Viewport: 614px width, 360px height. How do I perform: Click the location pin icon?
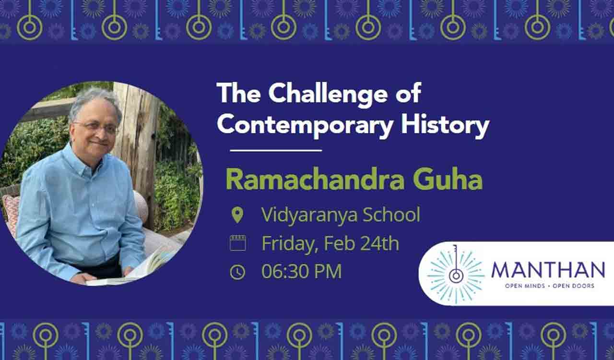[x=237, y=215]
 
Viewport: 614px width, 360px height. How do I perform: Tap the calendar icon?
[x=237, y=243]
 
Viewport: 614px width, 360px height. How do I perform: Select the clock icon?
[x=237, y=272]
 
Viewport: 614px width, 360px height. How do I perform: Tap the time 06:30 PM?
[x=301, y=272]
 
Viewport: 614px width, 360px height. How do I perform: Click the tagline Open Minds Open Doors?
[x=549, y=286]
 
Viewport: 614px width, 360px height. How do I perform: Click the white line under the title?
[x=275, y=151]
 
